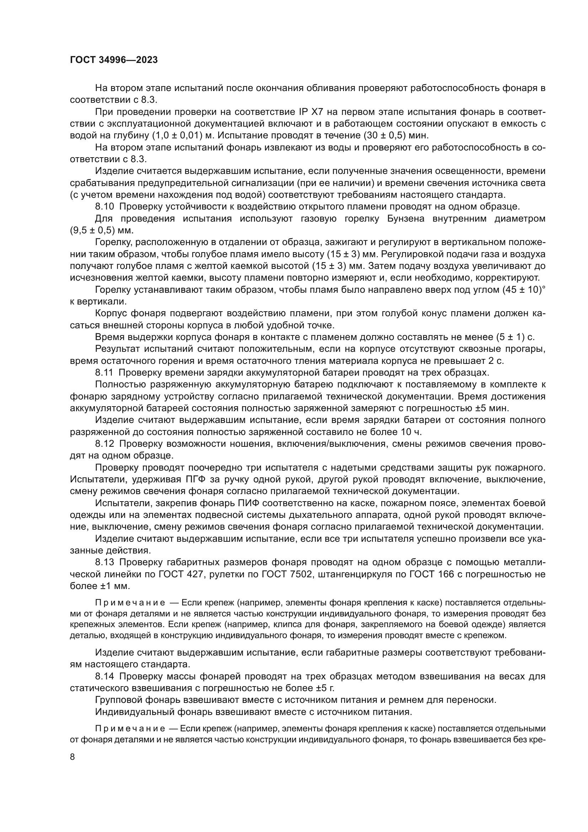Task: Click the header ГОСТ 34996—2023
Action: coord(114,60)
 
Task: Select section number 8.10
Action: coord(104,207)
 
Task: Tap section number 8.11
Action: coord(104,373)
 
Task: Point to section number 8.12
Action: coord(105,444)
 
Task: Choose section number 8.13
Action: coord(105,562)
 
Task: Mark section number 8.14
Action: coord(105,677)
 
